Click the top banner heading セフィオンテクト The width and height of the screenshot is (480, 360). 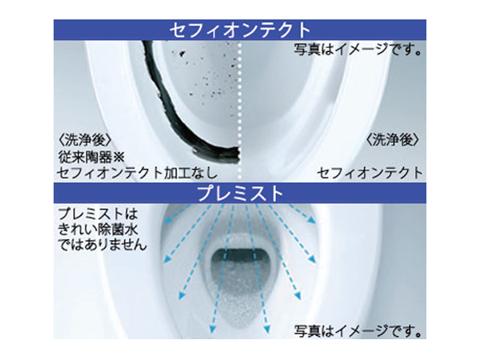tap(240, 30)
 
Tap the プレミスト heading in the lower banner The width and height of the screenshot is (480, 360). tap(240, 194)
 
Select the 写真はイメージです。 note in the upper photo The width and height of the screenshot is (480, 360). tap(358, 49)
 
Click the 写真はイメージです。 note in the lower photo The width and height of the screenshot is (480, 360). tap(358, 330)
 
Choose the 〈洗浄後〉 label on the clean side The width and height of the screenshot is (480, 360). tap(393, 141)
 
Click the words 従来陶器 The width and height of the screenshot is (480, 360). tap(85, 158)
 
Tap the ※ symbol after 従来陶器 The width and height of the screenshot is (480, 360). tap(118, 158)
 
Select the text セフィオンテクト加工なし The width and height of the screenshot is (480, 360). tap(137, 174)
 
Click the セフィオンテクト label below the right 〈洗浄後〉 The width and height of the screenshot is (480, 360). tap(370, 174)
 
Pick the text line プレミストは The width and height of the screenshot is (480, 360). tap(98, 214)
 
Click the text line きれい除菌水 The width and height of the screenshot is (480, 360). tap(98, 230)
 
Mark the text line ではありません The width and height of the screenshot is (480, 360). tap(102, 246)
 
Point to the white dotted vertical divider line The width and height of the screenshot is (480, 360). tap(240, 110)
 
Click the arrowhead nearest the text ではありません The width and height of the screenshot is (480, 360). tap(167, 259)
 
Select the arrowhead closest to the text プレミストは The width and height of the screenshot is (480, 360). tap(167, 220)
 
